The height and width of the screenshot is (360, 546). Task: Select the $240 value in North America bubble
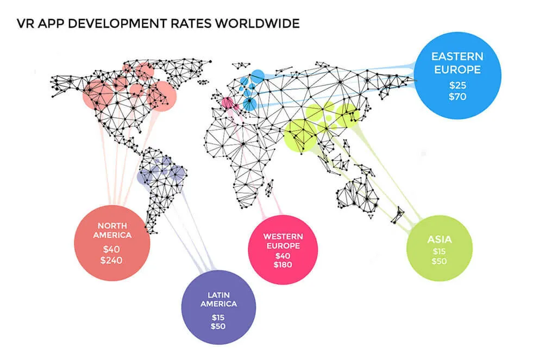(x=112, y=260)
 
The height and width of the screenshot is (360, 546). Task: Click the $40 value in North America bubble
(x=112, y=249)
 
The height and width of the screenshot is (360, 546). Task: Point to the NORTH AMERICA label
(x=112, y=230)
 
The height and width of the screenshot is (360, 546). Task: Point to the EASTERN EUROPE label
(x=456, y=63)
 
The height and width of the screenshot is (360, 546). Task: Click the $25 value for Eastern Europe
(x=456, y=86)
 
